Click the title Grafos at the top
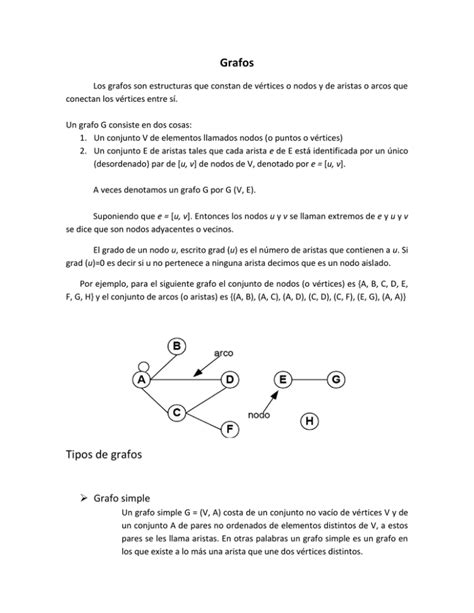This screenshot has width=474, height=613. (x=236, y=61)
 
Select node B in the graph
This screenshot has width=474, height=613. (x=178, y=346)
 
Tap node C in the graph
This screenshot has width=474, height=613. (x=177, y=412)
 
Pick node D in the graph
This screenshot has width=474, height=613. (x=230, y=380)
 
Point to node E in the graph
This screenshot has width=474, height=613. (x=283, y=380)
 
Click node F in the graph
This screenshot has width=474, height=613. (x=230, y=428)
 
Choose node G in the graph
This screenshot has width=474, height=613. (x=336, y=380)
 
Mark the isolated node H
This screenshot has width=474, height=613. (x=310, y=421)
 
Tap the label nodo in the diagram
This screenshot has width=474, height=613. (x=259, y=414)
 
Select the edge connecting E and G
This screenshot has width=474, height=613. (x=309, y=380)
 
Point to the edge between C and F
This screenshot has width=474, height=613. (x=203, y=420)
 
